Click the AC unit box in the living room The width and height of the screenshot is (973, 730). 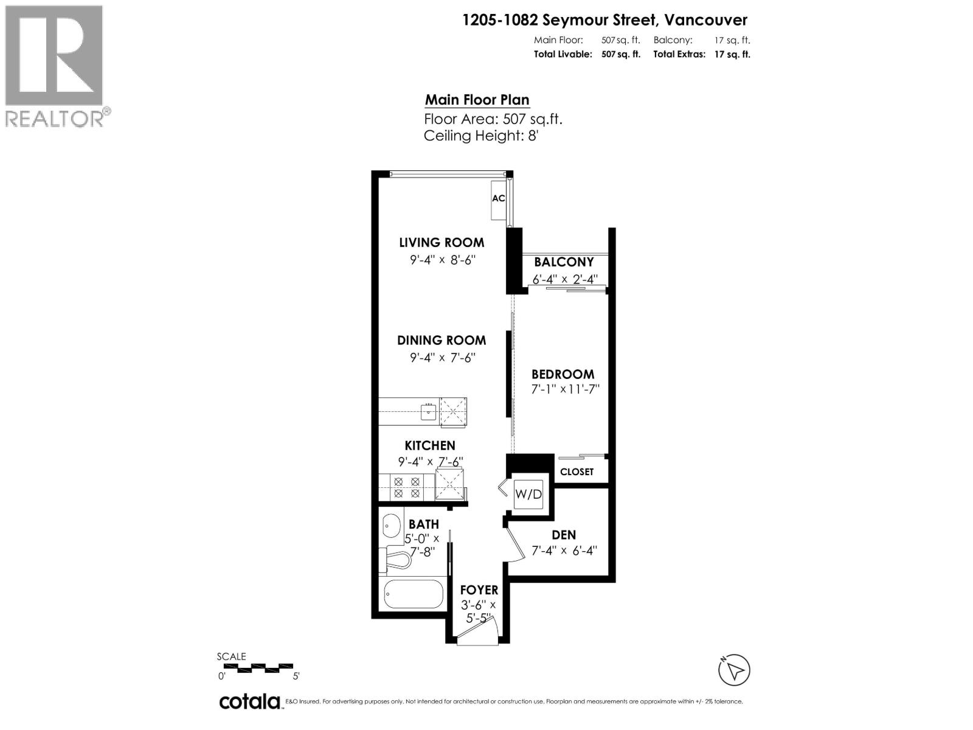498,198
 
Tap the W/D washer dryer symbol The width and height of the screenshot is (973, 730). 528,494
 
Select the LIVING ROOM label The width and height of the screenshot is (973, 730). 441,242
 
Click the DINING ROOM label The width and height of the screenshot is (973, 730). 441,340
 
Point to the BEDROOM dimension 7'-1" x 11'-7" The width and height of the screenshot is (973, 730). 565,389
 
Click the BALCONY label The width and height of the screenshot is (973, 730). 564,262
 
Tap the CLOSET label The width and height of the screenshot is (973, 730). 577,471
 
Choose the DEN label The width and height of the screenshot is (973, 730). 564,535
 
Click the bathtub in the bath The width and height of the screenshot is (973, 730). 414,594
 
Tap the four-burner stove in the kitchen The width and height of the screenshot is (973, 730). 407,487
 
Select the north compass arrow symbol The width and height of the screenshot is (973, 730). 734,670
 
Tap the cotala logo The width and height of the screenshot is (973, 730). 249,701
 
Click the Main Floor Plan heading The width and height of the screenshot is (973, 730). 477,100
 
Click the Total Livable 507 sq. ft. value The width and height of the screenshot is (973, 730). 620,54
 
